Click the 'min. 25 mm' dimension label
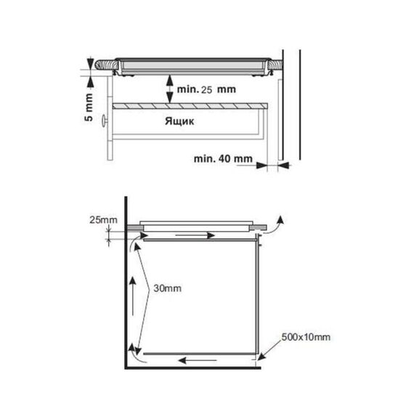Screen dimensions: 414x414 point(206,89)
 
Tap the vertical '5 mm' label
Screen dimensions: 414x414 point(89,107)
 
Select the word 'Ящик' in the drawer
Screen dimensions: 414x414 point(179,121)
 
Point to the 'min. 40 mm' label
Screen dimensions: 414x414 point(223,158)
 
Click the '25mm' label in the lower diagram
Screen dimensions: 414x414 point(103,219)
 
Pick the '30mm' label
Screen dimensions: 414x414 point(167,288)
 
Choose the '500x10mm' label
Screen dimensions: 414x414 point(306,337)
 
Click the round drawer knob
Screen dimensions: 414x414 point(103,121)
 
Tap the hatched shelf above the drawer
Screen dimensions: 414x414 point(190,106)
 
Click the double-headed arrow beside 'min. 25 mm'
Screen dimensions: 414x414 point(169,89)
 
